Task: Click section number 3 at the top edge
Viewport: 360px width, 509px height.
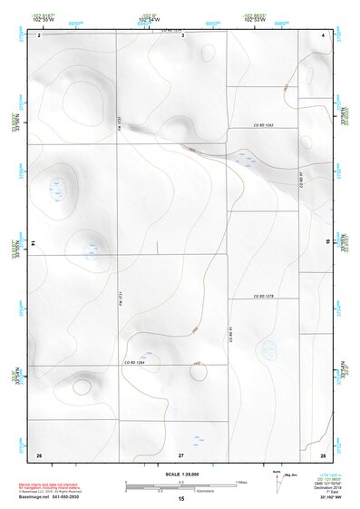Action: pyautogui.click(x=182, y=35)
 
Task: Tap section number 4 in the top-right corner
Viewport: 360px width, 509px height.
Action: pyautogui.click(x=323, y=34)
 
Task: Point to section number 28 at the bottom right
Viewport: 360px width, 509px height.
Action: pyautogui.click(x=323, y=454)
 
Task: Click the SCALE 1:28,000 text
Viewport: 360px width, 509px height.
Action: pyautogui.click(x=180, y=475)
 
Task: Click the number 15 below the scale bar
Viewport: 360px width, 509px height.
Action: pyautogui.click(x=181, y=500)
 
